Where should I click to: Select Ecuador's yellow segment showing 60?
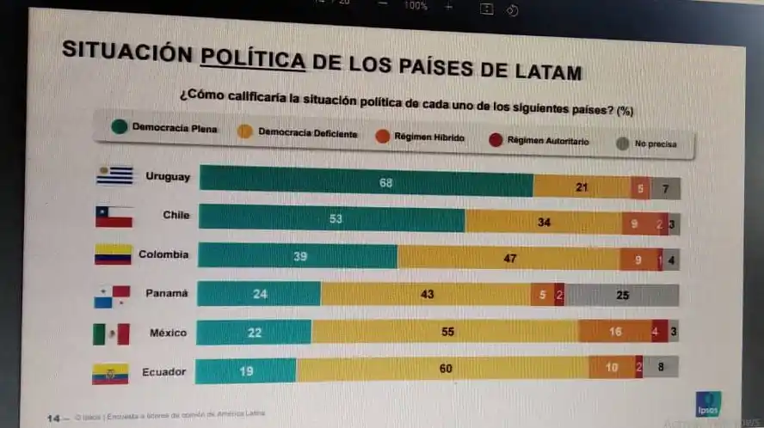pyautogui.click(x=442, y=369)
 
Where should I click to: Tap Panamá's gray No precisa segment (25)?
pyautogui.click(x=622, y=295)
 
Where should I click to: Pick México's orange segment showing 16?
pyautogui.click(x=614, y=331)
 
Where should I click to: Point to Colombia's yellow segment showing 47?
pyautogui.click(x=508, y=257)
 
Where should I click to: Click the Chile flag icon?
pyautogui.click(x=114, y=215)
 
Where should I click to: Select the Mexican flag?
pyautogui.click(x=111, y=333)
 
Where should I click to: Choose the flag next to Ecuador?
pyautogui.click(x=110, y=374)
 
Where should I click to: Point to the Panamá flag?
pyautogui.click(x=112, y=297)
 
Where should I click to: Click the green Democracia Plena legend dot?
pyautogui.click(x=120, y=128)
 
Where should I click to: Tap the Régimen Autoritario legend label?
pyautogui.click(x=547, y=141)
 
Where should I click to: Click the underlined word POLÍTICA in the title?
pyautogui.click(x=252, y=59)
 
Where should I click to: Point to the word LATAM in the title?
pyautogui.click(x=540, y=71)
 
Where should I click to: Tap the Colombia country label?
pyautogui.click(x=163, y=254)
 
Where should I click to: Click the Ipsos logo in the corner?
pyautogui.click(x=708, y=403)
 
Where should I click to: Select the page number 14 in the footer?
pyautogui.click(x=52, y=419)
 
